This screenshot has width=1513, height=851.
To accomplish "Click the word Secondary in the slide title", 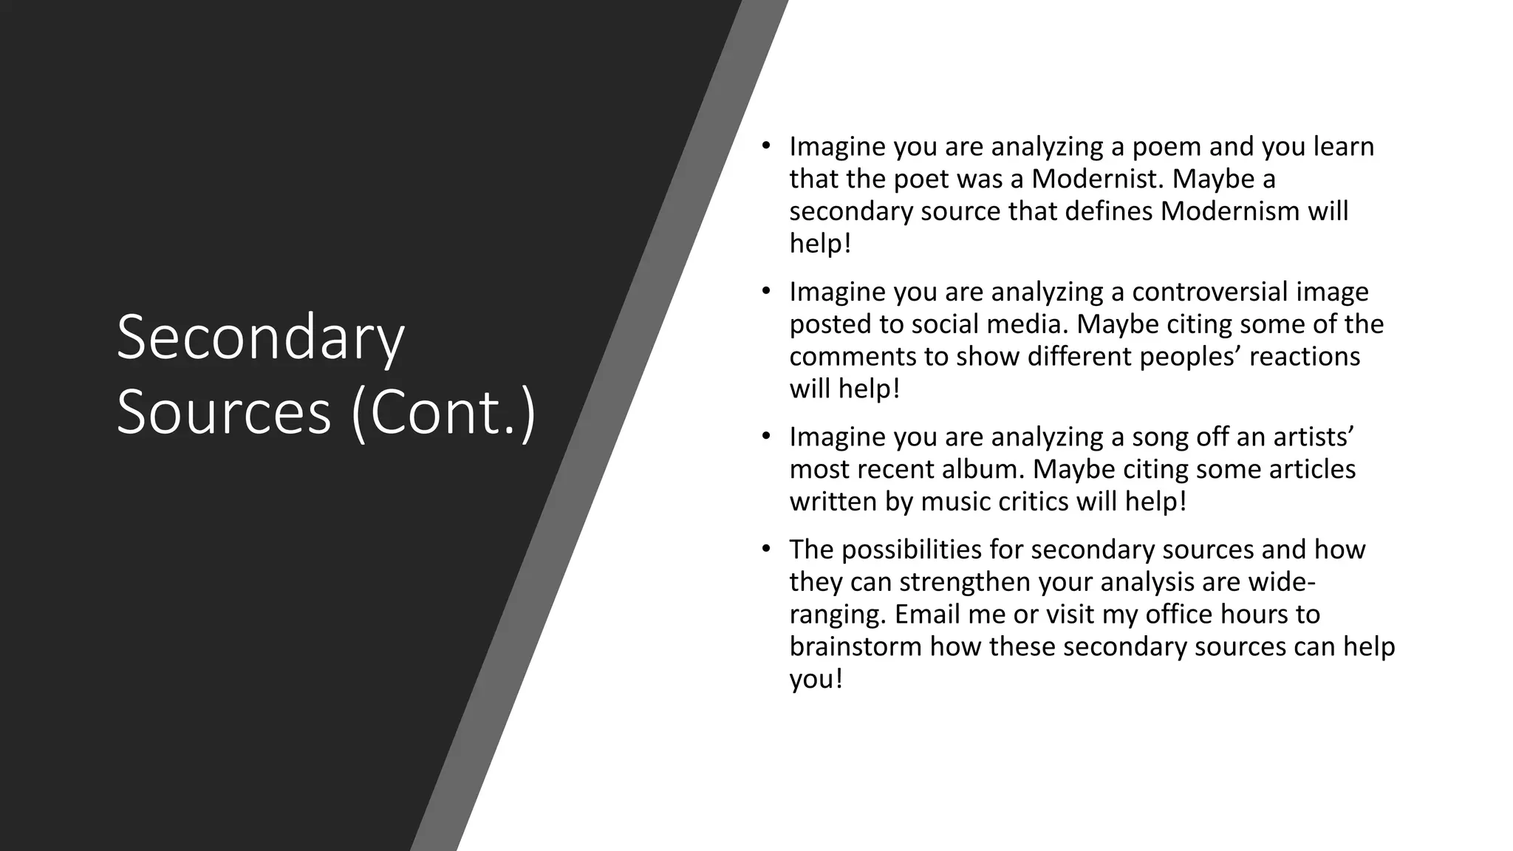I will (260, 338).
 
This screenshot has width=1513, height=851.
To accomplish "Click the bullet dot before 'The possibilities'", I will (767, 548).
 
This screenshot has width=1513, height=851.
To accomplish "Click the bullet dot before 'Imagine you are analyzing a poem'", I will (767, 146).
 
